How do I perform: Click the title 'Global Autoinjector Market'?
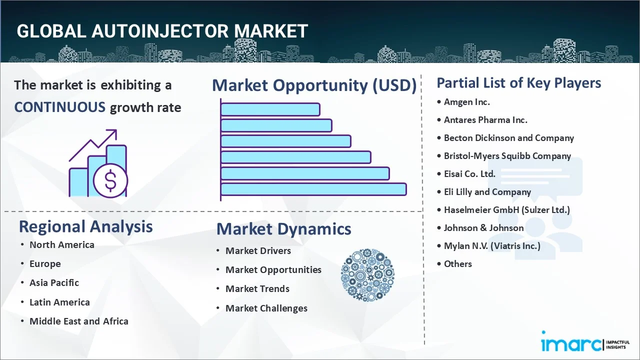[x=162, y=31]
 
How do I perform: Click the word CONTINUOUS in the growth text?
[x=59, y=107]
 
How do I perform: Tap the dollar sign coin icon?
[x=110, y=181]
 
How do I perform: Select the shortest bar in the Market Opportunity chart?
[x=270, y=109]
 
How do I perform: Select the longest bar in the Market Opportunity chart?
[x=313, y=189]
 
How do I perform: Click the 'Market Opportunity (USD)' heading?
[x=314, y=85]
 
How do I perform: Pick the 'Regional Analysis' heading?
[x=85, y=226]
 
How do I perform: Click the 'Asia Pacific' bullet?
[x=54, y=283]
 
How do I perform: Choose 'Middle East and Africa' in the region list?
[x=78, y=321]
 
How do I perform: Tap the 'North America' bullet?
[x=61, y=245]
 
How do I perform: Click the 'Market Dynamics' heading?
[x=283, y=229]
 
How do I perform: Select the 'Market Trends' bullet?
[x=257, y=289]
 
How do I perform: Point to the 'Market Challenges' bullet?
[x=266, y=308]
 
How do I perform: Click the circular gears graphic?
[x=367, y=275]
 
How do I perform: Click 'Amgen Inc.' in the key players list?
[x=466, y=102]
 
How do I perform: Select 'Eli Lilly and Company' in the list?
[x=487, y=192]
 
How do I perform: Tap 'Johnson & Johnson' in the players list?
[x=483, y=228]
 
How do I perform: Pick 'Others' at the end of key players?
[x=457, y=264]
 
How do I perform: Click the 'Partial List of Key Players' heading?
[x=518, y=83]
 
